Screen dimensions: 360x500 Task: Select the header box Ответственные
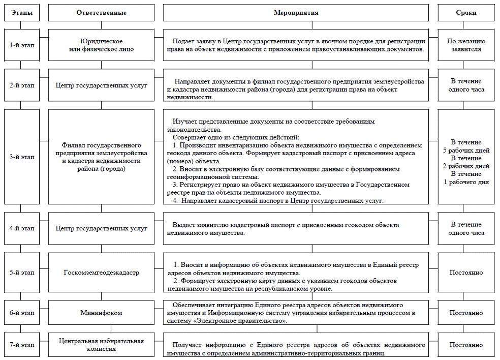(x=101, y=13)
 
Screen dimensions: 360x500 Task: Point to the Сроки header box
(x=466, y=13)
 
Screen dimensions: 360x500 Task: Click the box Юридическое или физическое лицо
(x=101, y=45)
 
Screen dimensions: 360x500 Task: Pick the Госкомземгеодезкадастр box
(x=101, y=273)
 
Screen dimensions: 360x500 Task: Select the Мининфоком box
(x=101, y=313)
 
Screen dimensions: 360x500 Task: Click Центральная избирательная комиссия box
(x=101, y=345)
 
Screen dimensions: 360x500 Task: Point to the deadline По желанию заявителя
(x=466, y=45)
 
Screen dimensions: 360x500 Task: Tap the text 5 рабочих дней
(x=466, y=151)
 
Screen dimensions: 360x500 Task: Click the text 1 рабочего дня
(x=466, y=182)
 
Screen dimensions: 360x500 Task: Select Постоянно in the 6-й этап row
(x=466, y=313)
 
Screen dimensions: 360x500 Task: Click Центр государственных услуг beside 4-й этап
(x=101, y=228)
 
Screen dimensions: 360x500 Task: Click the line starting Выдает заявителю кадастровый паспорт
(x=286, y=225)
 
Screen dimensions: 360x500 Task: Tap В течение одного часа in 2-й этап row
(x=466, y=85)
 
